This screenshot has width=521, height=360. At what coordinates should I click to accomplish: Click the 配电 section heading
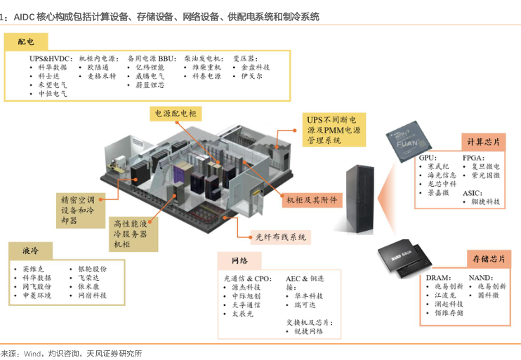click(x=25, y=42)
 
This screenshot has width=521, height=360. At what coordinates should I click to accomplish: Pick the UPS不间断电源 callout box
click(x=333, y=129)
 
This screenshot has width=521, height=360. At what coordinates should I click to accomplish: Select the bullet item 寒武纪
click(x=442, y=168)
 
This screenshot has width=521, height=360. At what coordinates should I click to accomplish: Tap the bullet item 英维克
click(x=33, y=269)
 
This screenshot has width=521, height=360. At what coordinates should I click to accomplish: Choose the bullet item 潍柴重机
click(x=206, y=67)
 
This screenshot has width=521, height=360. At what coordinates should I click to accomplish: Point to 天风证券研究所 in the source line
click(x=113, y=353)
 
